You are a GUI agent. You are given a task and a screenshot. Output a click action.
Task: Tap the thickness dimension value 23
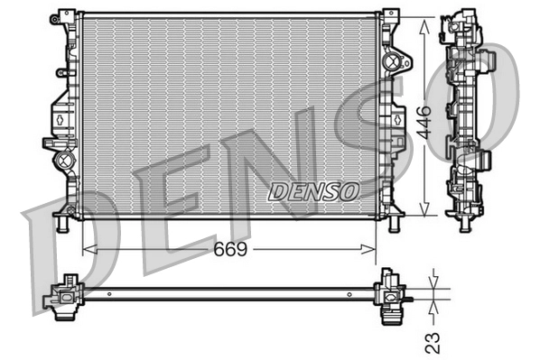pos(433,340)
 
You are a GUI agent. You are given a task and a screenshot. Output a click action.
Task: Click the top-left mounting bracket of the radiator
pos(66,18)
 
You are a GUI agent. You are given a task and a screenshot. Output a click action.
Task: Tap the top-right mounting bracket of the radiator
pos(390,16)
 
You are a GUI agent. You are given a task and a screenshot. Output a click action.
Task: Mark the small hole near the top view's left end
pos(108,292)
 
